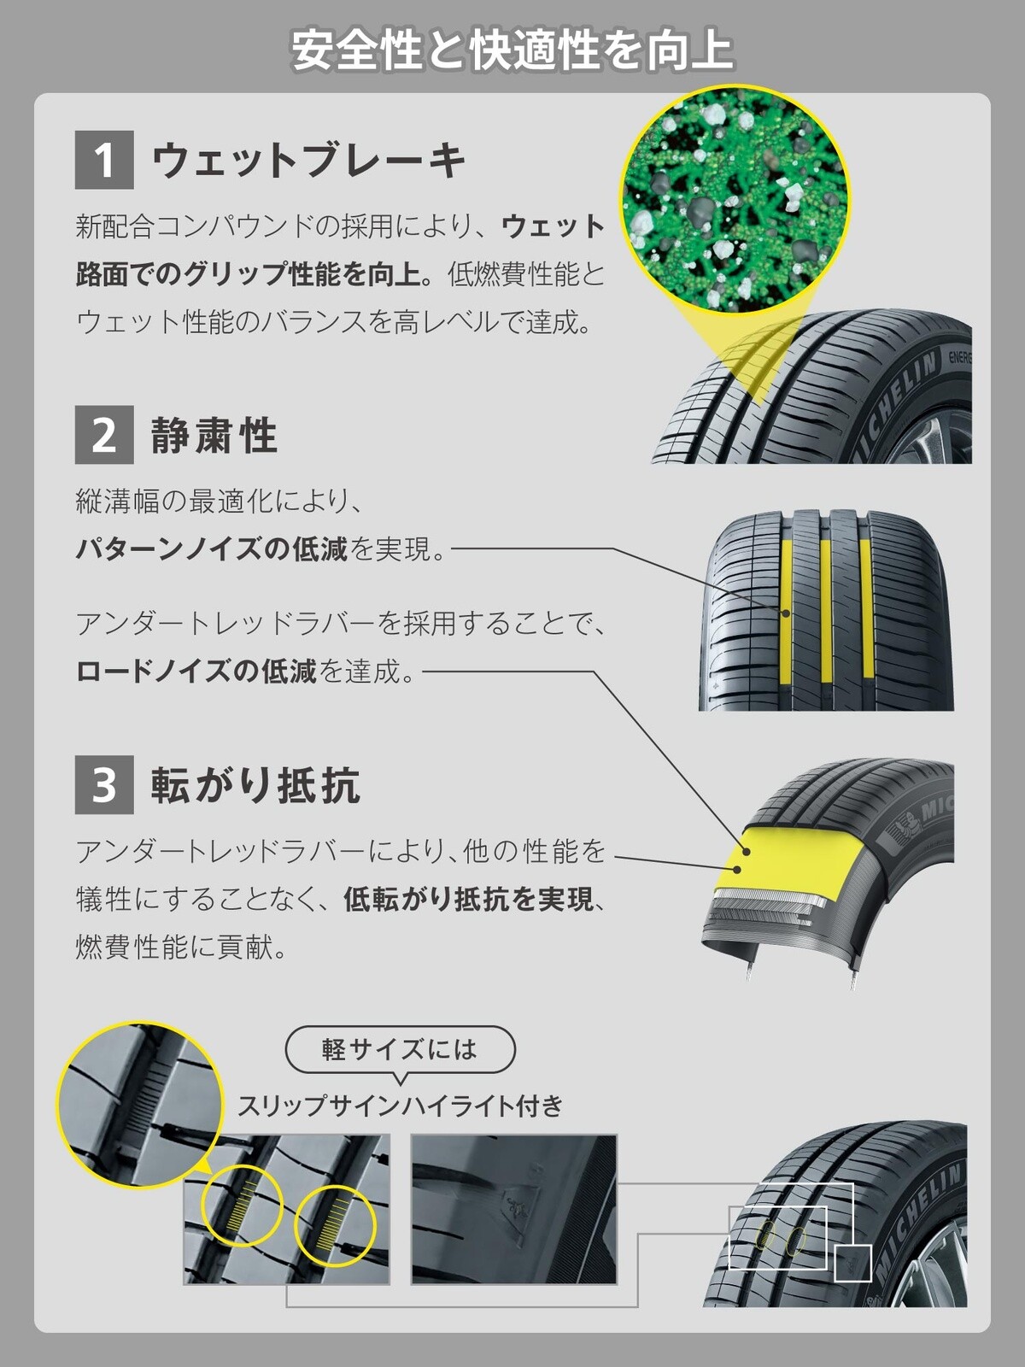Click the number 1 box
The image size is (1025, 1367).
click(104, 160)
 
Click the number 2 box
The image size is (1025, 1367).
click(104, 435)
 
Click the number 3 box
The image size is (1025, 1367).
click(104, 784)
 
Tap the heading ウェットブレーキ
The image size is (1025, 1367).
click(308, 161)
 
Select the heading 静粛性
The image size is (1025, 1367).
click(214, 436)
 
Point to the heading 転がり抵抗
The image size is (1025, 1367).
click(255, 785)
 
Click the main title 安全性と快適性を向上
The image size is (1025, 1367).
click(512, 50)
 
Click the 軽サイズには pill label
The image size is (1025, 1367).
click(400, 1049)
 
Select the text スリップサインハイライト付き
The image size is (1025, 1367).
click(400, 1106)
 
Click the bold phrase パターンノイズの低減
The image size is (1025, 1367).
click(212, 549)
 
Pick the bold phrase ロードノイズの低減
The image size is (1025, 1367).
click(196, 672)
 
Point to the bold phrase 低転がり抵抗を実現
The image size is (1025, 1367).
click(468, 899)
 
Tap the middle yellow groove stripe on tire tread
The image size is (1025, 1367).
click(825, 611)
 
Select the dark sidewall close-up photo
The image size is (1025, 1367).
click(513, 1209)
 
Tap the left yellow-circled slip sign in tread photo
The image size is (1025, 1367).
click(242, 1205)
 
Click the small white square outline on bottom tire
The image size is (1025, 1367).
click(852, 1262)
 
